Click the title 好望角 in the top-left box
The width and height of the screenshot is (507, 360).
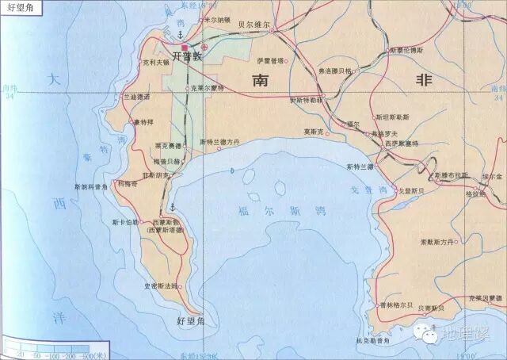tap(17, 10)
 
